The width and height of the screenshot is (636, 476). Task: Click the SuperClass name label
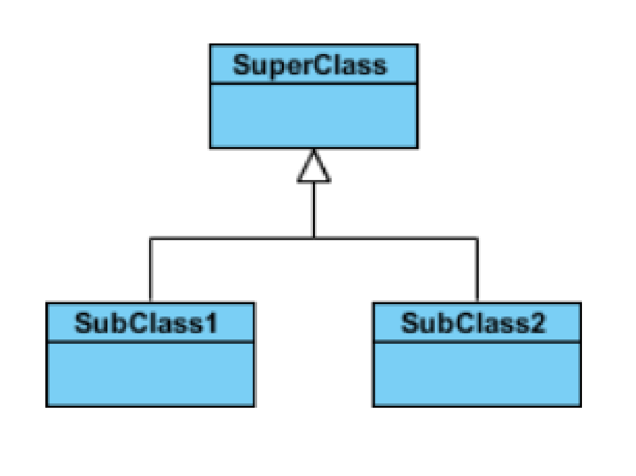[x=309, y=65]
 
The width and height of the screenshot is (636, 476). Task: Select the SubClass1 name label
[x=146, y=323]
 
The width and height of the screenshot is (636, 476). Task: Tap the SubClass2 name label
[x=473, y=323]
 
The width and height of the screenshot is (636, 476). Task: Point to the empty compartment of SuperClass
[x=314, y=116]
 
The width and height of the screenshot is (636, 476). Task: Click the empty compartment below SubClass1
[x=150, y=374]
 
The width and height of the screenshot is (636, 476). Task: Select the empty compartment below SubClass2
[x=477, y=374]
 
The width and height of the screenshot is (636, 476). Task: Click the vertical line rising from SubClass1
[x=150, y=271]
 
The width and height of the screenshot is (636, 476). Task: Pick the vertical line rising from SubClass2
[x=477, y=271]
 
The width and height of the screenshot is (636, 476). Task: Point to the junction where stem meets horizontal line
[x=314, y=238]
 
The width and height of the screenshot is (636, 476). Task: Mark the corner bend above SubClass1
[x=150, y=238]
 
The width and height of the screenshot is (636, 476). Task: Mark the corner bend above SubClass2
[x=477, y=238]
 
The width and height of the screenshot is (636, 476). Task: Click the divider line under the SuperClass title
[x=314, y=83]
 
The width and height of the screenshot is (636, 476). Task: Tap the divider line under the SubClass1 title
[x=150, y=341]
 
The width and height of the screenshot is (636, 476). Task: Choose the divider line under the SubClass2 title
[x=477, y=341]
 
